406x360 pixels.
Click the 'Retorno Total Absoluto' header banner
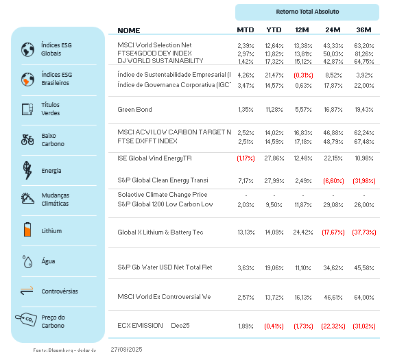pyautogui.click(x=307, y=12)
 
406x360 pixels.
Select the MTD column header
pyautogui.click(x=245, y=30)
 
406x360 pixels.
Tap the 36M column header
pyautogui.click(x=363, y=30)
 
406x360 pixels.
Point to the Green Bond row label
pyautogui.click(x=134, y=110)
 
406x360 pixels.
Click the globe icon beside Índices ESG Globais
pyautogui.click(x=28, y=49)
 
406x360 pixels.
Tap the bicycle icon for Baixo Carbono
pyautogui.click(x=28, y=139)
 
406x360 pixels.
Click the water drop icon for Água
pyautogui.click(x=28, y=261)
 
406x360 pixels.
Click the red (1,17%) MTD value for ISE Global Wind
pyautogui.click(x=246, y=158)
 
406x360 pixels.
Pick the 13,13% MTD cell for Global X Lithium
pyautogui.click(x=246, y=232)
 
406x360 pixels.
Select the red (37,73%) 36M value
pyautogui.click(x=363, y=232)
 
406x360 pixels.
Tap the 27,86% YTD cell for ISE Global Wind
pyautogui.click(x=274, y=158)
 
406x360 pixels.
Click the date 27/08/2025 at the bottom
pyautogui.click(x=126, y=349)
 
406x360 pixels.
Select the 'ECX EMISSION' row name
pyautogui.click(x=140, y=326)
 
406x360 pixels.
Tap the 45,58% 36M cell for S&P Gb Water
pyautogui.click(x=363, y=267)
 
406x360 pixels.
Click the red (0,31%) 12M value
pyautogui.click(x=304, y=75)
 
